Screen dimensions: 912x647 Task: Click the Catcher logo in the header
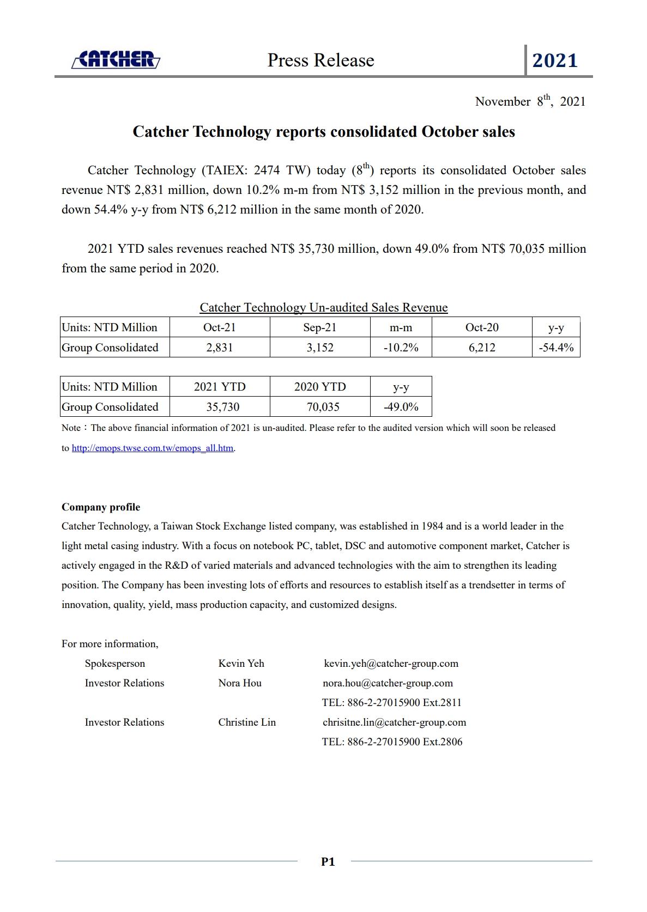tap(116, 59)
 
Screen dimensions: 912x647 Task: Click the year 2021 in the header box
tap(555, 60)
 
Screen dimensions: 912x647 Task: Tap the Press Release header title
tap(321, 60)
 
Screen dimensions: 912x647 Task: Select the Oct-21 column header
tap(220, 327)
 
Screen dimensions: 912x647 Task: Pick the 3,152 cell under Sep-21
tap(320, 348)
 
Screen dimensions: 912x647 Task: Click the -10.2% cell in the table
tap(401, 348)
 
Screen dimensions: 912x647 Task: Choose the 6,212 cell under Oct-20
tap(482, 348)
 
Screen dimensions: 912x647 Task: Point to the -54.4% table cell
tap(556, 348)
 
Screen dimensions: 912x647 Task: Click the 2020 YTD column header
tap(320, 387)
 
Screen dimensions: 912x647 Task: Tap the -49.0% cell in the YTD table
tap(401, 407)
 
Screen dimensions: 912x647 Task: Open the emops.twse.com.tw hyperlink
tap(153, 448)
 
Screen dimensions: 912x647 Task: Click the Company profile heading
tap(101, 507)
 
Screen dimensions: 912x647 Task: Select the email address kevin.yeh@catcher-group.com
tap(391, 664)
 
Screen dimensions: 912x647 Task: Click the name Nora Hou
tap(240, 683)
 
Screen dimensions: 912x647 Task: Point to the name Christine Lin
tap(247, 722)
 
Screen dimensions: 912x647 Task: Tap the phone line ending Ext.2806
tap(392, 742)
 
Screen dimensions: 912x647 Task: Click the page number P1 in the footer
tap(328, 862)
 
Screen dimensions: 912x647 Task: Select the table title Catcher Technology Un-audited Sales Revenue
tap(324, 308)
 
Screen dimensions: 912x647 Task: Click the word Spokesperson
tap(115, 664)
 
